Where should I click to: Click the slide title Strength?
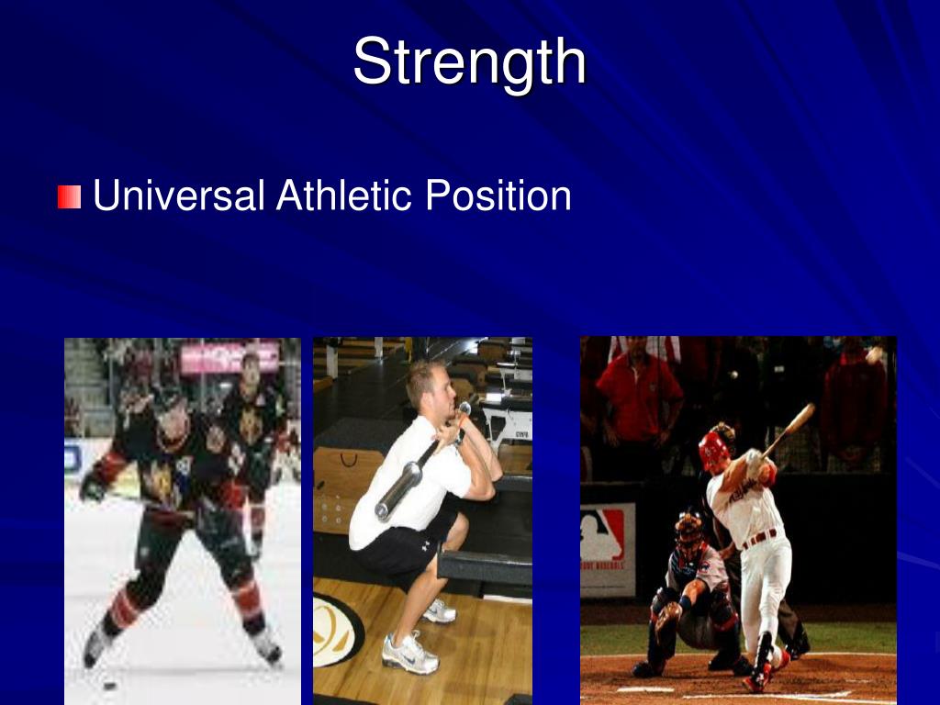pos(469,62)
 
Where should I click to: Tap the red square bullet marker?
pos(69,196)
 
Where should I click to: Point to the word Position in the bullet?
pos(498,196)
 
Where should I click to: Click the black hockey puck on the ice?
pos(110,685)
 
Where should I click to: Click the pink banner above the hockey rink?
pos(229,358)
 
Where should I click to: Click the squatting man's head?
pos(431,386)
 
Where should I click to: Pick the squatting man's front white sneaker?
pos(408,653)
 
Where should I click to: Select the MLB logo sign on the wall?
pos(601,535)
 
